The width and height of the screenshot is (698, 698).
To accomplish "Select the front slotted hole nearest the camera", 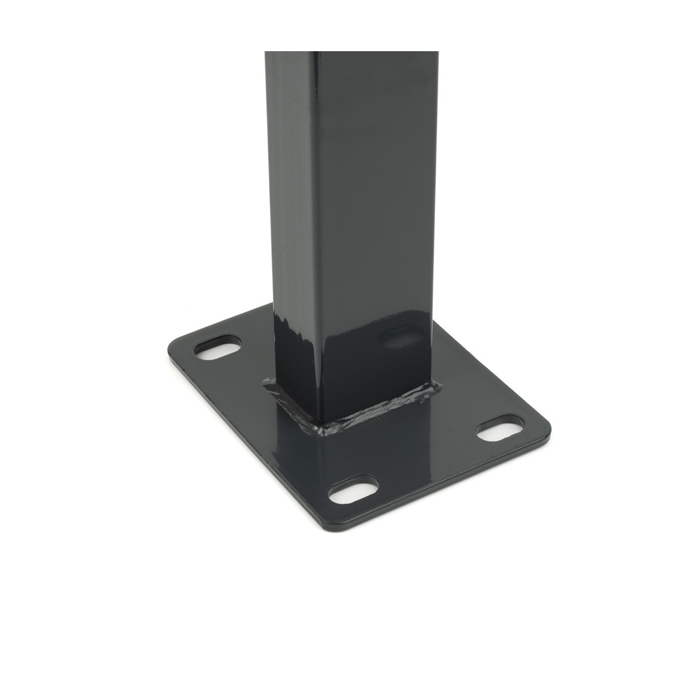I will point(352,492).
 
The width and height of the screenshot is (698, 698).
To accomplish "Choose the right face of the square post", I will point(378,204).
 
